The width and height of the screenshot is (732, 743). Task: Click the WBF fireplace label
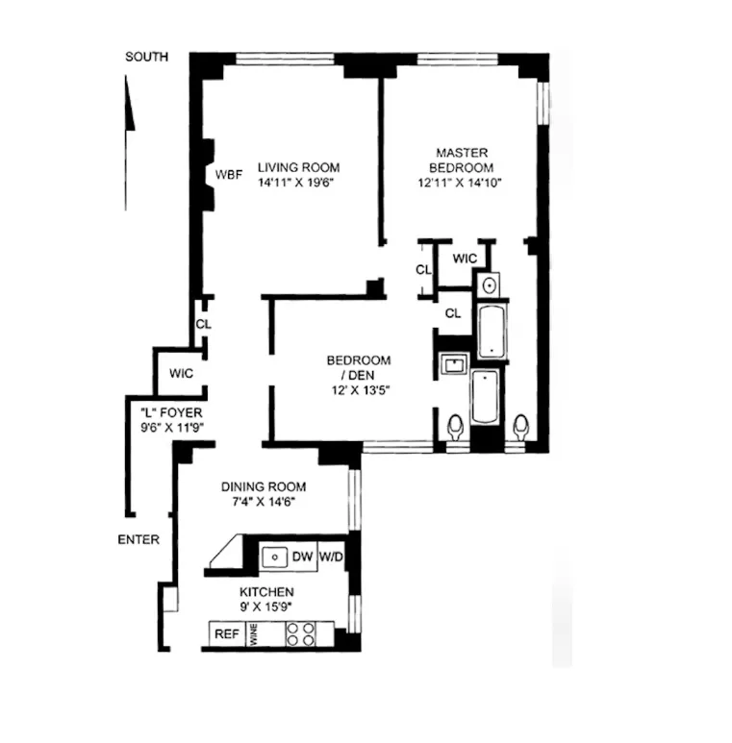pos(229,175)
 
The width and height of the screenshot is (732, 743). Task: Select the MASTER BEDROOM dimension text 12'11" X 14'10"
pos(462,182)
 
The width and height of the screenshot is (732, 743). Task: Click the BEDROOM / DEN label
pos(359,367)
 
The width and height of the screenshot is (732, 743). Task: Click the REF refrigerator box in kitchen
pos(227,634)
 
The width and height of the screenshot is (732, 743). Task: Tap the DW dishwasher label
pos(303,556)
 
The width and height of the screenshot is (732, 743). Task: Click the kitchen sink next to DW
pos(276,556)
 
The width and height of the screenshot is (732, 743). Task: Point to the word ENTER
pos(139,540)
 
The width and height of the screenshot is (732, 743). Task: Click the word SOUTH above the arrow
pos(146,57)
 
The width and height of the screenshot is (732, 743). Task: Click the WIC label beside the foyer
pos(182,373)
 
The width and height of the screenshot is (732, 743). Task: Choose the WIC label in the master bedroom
pos(465,259)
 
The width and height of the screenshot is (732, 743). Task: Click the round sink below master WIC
pos(489,285)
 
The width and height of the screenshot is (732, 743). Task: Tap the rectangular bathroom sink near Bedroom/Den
pos(452,364)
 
